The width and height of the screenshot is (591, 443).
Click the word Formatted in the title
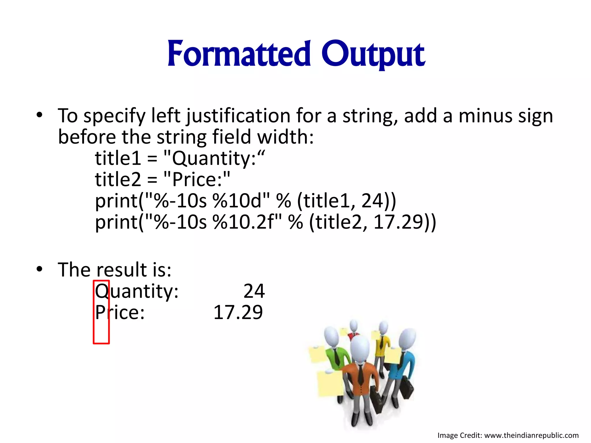(239, 54)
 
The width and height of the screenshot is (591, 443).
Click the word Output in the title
(373, 54)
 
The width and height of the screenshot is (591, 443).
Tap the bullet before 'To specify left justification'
(40, 115)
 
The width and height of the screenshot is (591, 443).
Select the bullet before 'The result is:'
(40, 269)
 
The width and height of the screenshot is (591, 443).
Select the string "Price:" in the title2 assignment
(197, 179)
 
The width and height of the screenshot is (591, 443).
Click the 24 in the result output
(254, 291)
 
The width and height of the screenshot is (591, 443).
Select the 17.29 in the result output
(238, 312)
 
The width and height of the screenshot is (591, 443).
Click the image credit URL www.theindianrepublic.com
(531, 435)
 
